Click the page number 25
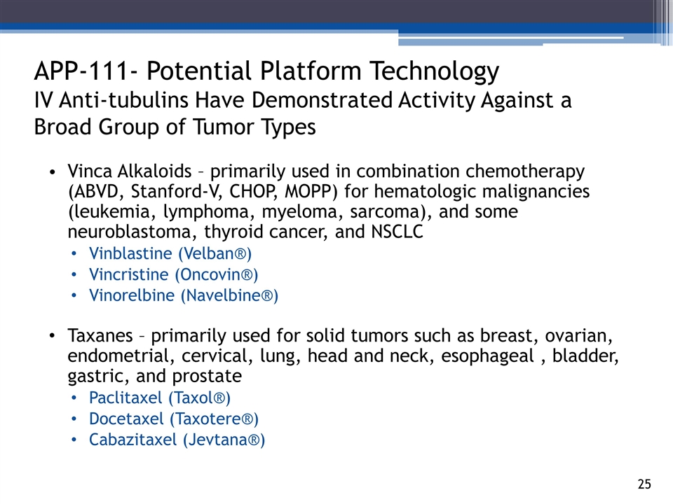coord(644,484)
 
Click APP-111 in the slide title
coord(81,71)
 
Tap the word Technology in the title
coord(434,72)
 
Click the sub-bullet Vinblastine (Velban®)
coord(170,253)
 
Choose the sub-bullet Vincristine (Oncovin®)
coord(173,274)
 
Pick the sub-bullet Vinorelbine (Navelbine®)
coord(184,295)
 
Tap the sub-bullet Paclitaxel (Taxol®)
coord(160,398)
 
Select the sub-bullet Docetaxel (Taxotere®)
coord(174,419)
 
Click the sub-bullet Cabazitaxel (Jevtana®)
coord(177,440)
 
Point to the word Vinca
coord(90,171)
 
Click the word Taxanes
coord(100,335)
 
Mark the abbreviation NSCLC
coord(397,232)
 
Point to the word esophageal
coord(488,356)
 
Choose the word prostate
coord(207,377)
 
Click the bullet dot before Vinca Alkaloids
coord(53,172)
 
